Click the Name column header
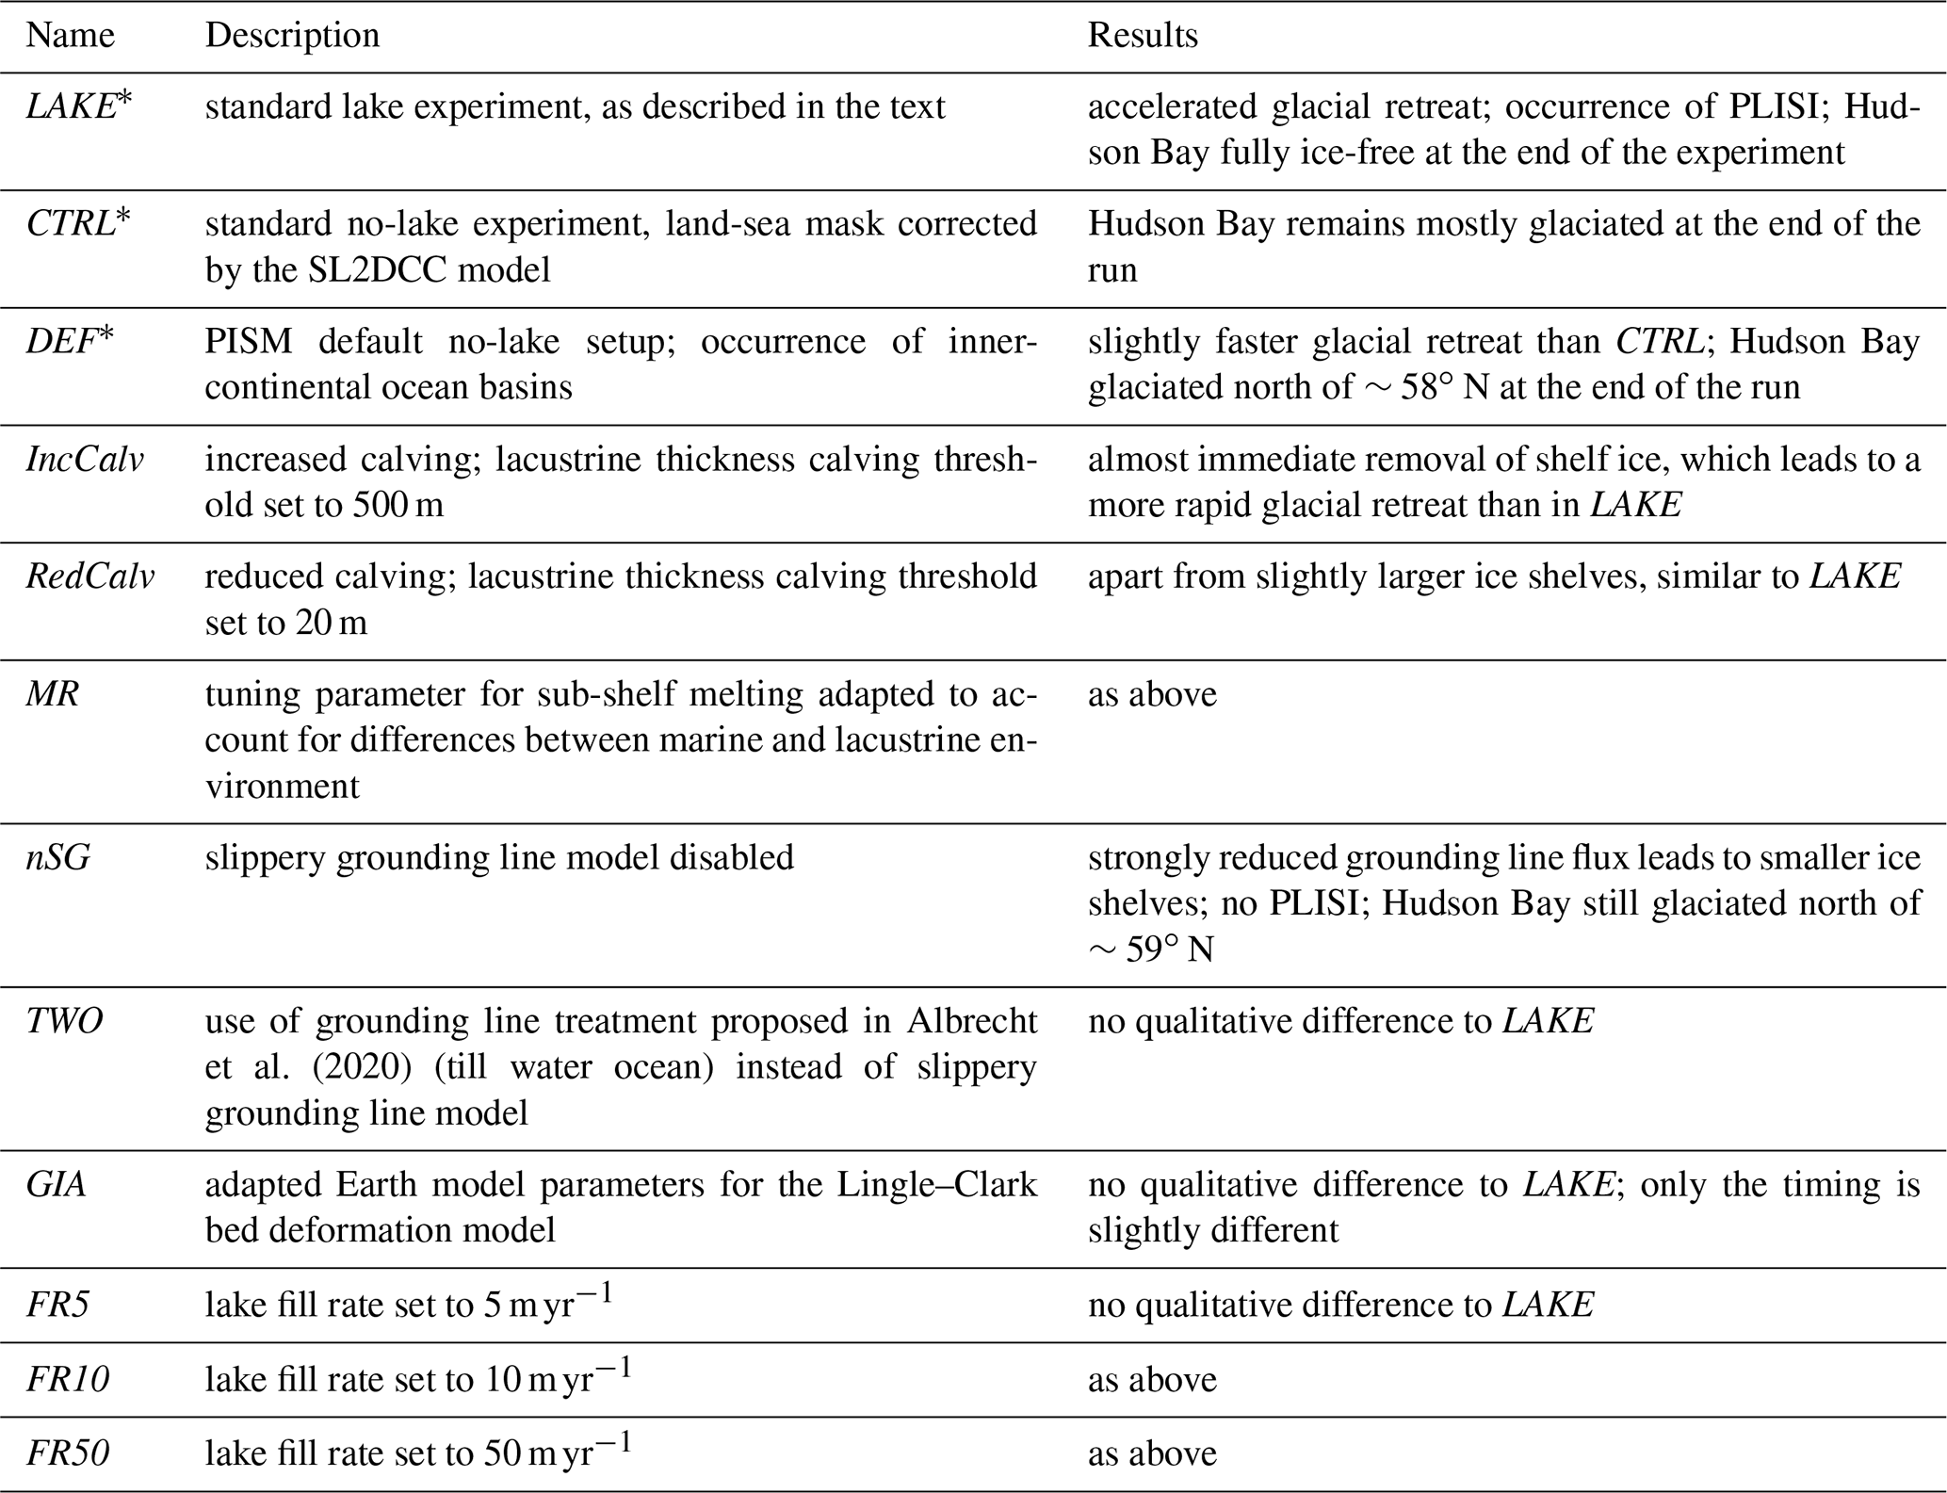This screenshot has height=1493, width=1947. [70, 36]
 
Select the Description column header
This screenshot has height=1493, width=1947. [292, 36]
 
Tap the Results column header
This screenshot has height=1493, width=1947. [1143, 36]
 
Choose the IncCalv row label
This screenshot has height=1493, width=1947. [85, 459]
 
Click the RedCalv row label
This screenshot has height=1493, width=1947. [89, 576]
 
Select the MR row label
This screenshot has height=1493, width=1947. [53, 694]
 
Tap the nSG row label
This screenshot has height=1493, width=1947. [58, 857]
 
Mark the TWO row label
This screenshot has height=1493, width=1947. [64, 1021]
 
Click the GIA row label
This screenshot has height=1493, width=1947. [57, 1184]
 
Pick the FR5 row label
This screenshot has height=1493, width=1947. [57, 1305]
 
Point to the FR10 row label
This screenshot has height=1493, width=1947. [67, 1380]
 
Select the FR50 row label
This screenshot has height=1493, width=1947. [67, 1453]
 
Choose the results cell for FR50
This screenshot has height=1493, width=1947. [1152, 1453]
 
